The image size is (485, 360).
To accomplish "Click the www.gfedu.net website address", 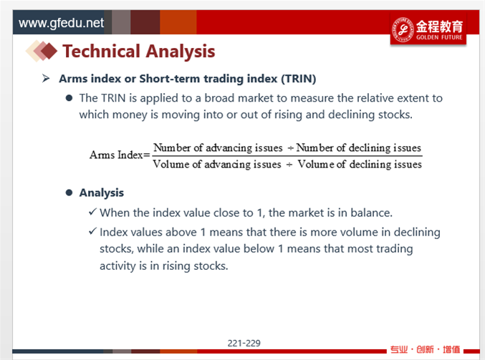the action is point(61,23).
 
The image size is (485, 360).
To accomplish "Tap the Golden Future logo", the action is point(428,30).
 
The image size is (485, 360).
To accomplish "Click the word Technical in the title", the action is point(102,52).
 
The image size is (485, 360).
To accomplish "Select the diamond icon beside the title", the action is point(42,51).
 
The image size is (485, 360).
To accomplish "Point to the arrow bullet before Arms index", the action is point(46,79).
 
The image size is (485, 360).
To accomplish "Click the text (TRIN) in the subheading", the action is point(299,79).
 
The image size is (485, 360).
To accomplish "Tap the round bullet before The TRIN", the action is point(69,98).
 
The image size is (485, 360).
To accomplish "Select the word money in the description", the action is point(130,115).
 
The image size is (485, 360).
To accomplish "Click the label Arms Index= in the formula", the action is point(120,155).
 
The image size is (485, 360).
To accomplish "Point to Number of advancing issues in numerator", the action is point(218,147).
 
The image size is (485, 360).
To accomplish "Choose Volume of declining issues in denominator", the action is point(360,164).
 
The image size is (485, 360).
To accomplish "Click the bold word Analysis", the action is point(102,193).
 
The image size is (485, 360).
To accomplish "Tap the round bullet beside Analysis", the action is point(69,193).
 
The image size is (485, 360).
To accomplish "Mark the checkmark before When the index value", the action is point(92,212).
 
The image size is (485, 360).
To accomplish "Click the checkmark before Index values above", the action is point(92,231).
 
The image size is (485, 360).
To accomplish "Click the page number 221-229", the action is point(244,343).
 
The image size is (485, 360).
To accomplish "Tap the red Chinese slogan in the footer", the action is point(425,349).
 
